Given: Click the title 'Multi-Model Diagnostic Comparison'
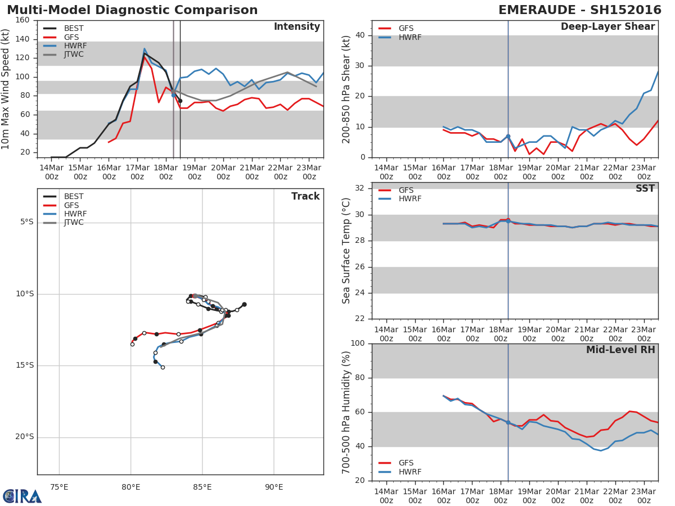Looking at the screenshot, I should click(x=132, y=10).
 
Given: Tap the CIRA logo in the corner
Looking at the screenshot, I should click(x=22, y=496).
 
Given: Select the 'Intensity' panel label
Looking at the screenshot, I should click(x=296, y=27).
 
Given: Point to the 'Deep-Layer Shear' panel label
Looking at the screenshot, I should click(x=607, y=27).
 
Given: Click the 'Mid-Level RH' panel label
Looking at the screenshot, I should click(x=620, y=350).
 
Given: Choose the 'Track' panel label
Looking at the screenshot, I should click(x=305, y=196).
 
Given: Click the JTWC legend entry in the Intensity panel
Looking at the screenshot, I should click(x=74, y=55).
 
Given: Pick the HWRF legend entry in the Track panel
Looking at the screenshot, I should click(x=75, y=214).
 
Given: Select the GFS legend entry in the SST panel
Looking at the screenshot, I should click(x=406, y=190).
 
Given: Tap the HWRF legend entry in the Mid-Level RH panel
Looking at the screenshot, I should click(x=409, y=472).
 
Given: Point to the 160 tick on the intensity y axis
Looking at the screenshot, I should click(x=22, y=20).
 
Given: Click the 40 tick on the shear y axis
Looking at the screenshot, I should click(x=361, y=35).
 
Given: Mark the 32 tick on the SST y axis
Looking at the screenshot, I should click(x=361, y=188).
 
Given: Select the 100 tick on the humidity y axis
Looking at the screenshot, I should click(x=358, y=344).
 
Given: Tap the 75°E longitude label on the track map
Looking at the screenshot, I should click(x=59, y=487).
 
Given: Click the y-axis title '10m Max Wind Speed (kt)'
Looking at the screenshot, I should click(x=6, y=88).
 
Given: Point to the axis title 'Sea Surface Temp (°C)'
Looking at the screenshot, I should click(x=346, y=251).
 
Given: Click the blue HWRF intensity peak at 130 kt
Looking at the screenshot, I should click(x=144, y=48).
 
